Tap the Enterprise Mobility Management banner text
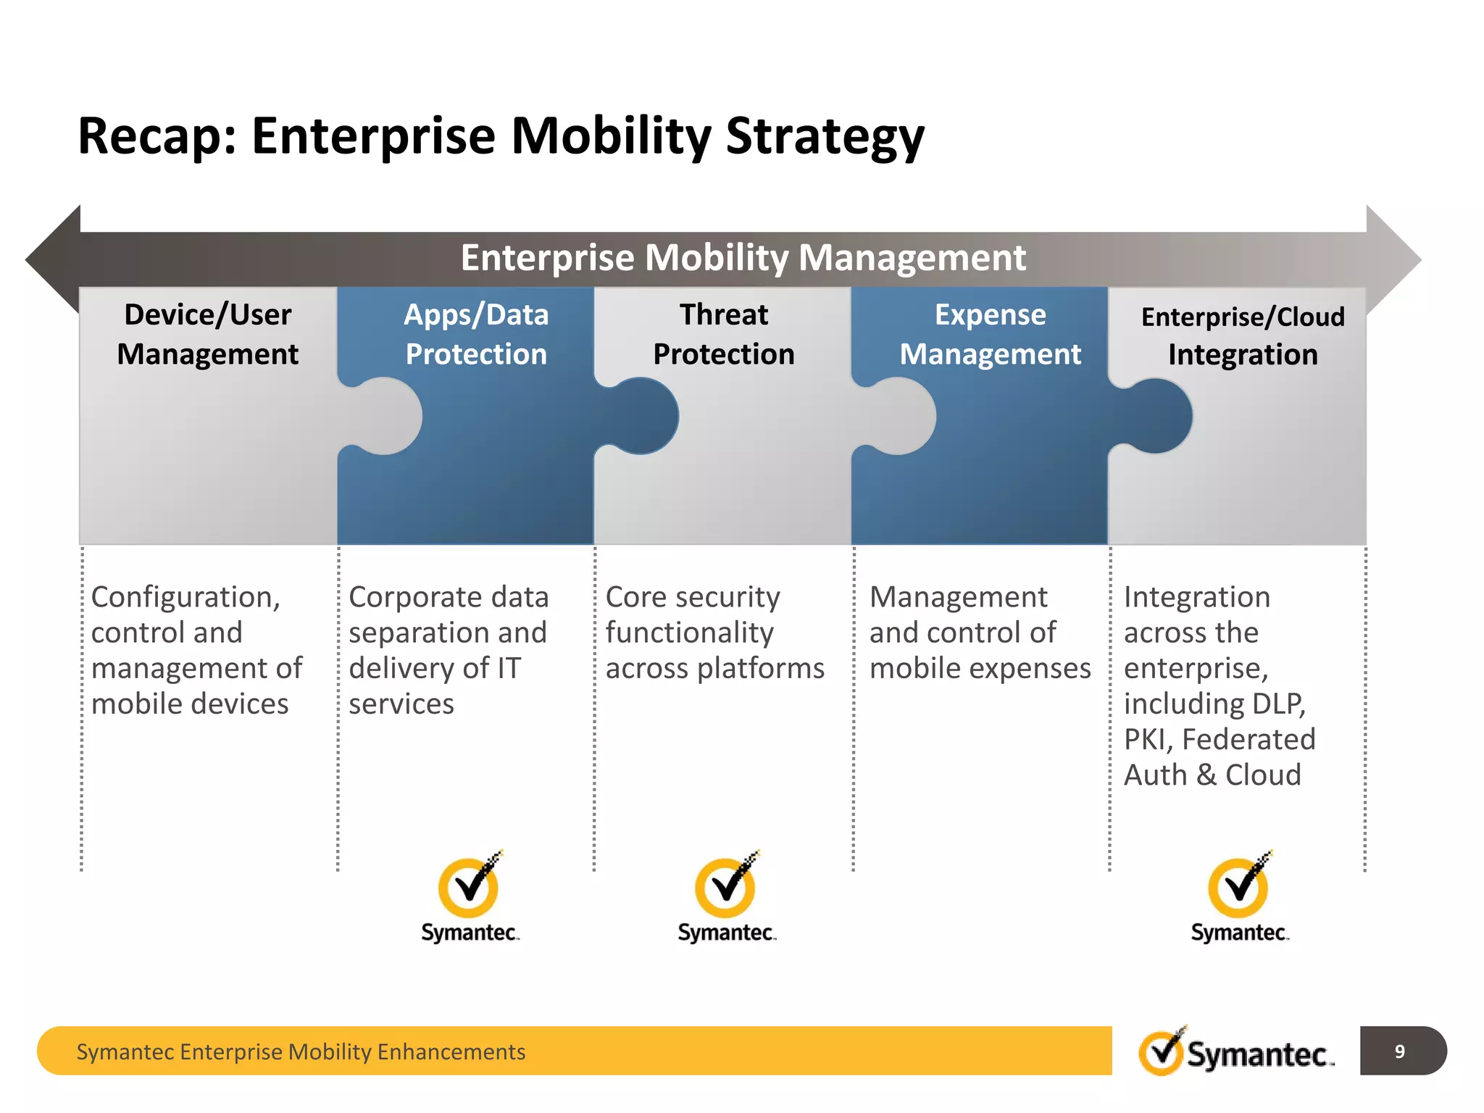(x=743, y=258)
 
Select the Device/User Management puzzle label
(x=207, y=334)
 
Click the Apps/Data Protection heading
(x=475, y=334)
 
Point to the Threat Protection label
(x=723, y=334)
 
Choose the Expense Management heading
(x=990, y=334)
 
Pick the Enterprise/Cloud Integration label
(x=1242, y=335)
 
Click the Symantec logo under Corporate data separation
(x=470, y=897)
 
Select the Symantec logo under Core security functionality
(x=726, y=897)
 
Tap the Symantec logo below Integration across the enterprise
(x=1239, y=897)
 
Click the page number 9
(x=1399, y=1051)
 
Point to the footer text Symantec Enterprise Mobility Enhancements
(x=301, y=1051)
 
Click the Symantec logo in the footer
(x=1235, y=1051)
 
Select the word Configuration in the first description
(x=185, y=597)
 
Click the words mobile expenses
(x=980, y=668)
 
